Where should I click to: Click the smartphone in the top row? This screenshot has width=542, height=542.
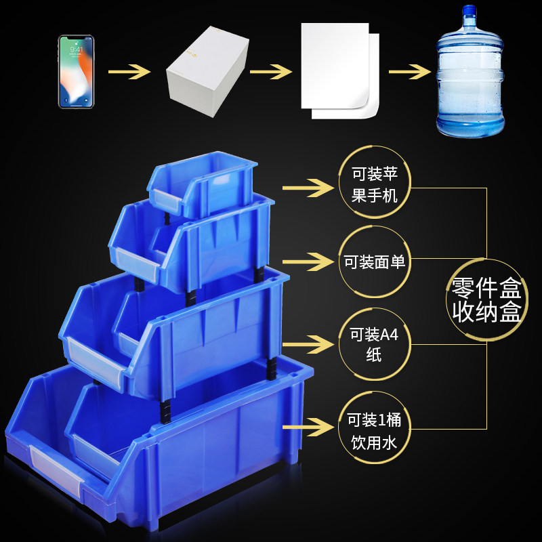point(76,71)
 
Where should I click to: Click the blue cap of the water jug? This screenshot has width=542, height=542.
point(468,12)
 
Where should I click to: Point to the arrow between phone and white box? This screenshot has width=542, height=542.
point(129,70)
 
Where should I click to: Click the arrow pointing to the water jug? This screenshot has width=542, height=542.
point(410,70)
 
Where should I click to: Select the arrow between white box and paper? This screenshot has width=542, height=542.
point(271,70)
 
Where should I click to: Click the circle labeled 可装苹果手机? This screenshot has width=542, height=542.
point(374,184)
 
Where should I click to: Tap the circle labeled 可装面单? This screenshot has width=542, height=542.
point(374,262)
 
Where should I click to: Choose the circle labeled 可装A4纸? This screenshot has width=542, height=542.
point(374,344)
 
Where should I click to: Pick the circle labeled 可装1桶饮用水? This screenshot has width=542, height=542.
point(374,430)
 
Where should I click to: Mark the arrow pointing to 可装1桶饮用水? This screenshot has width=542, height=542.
point(304,427)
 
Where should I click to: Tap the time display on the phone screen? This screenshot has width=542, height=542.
point(76,49)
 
